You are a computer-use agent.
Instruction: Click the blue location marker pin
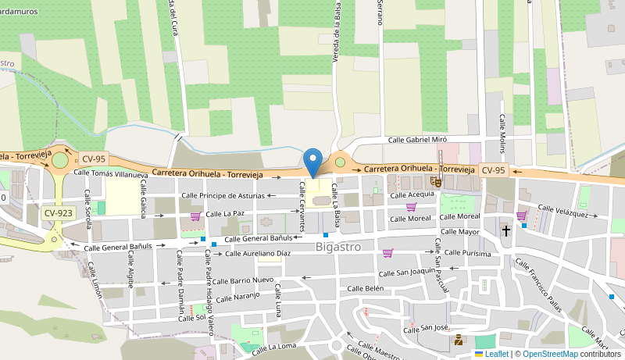[312, 162]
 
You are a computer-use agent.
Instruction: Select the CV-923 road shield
[59, 212]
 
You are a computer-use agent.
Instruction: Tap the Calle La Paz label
[226, 213]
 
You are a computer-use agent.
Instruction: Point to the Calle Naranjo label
[237, 298]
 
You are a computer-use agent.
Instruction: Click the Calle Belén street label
[366, 289]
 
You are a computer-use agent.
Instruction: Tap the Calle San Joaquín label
[406, 272]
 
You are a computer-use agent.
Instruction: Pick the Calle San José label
[426, 329]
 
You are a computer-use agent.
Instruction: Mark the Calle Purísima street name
[466, 253]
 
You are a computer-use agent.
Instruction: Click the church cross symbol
[506, 231]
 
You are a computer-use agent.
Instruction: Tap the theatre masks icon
[436, 182]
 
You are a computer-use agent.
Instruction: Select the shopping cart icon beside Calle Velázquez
[521, 216]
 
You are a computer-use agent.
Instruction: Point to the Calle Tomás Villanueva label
[110, 173]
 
